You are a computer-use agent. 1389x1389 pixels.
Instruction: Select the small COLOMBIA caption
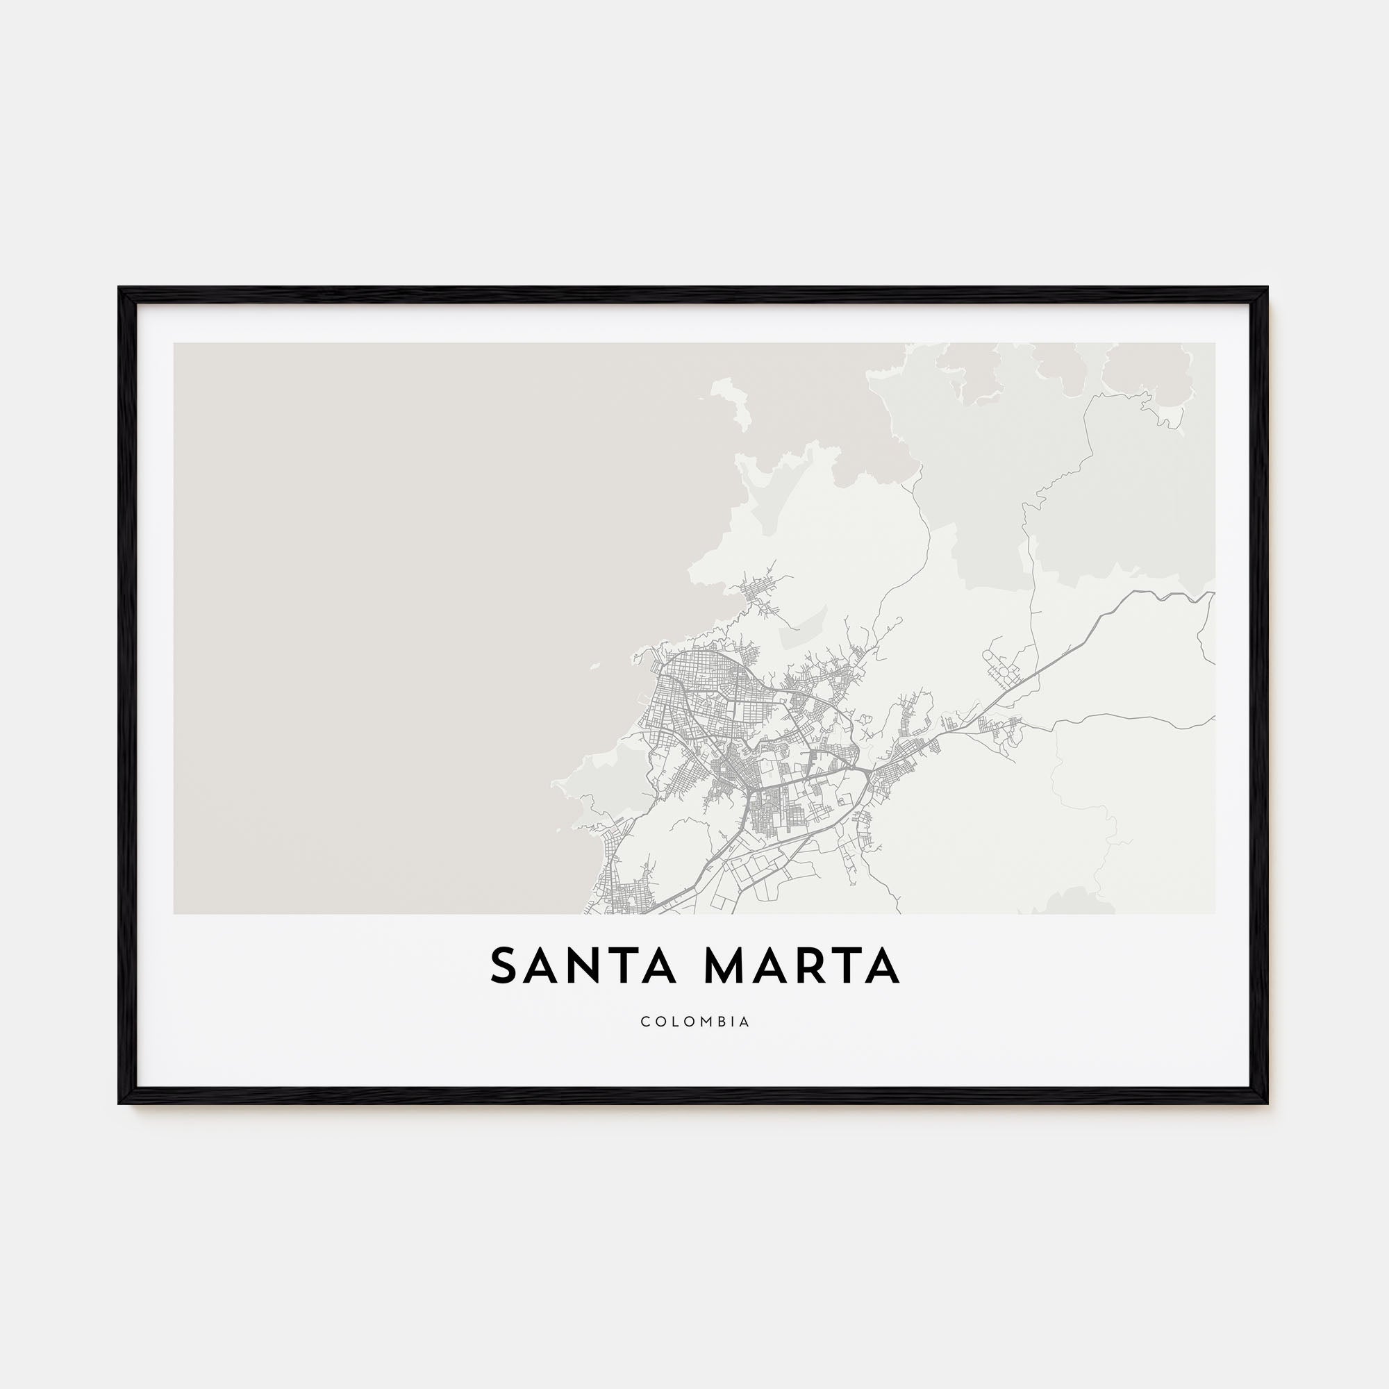pyautogui.click(x=694, y=1022)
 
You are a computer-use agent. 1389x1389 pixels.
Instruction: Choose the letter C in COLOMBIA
pyautogui.click(x=644, y=1022)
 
